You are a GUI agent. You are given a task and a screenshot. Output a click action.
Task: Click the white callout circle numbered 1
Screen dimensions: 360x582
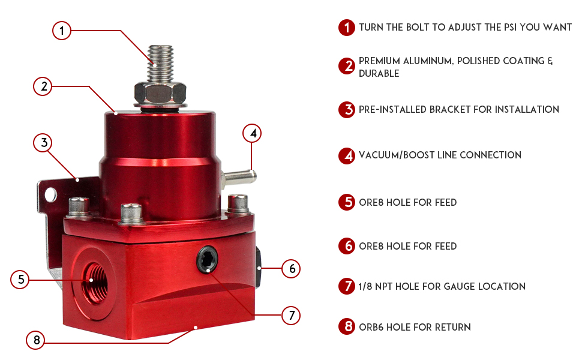tap(62, 30)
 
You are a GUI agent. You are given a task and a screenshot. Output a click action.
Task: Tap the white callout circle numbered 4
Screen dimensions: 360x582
tap(253, 133)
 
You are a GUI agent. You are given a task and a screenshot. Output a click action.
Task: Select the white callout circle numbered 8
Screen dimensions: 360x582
tap(36, 341)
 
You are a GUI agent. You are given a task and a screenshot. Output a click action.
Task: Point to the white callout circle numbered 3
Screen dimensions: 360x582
tap(42, 143)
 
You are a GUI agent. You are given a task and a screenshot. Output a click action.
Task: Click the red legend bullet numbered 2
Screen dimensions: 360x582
tap(347, 67)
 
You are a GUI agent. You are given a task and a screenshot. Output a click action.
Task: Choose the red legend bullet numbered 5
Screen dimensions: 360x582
tap(347, 203)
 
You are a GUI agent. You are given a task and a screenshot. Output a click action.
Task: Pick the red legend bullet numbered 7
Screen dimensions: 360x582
tap(347, 287)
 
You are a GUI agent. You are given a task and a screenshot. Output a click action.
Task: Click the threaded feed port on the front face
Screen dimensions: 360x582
tap(91, 279)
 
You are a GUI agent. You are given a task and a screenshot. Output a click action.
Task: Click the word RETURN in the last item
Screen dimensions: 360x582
tap(452, 327)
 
